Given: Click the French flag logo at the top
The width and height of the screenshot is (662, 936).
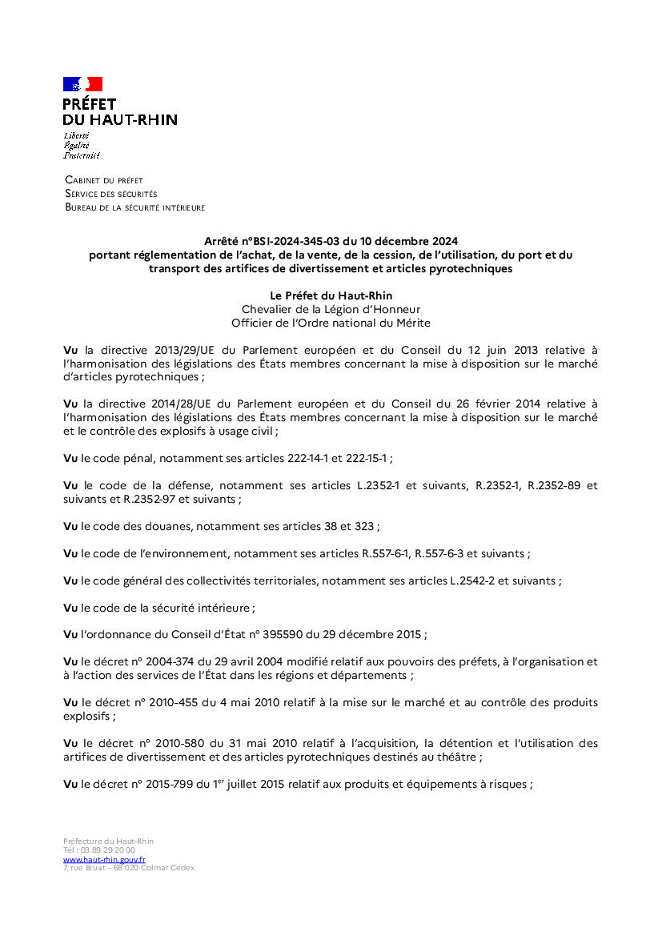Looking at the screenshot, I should click(82, 84).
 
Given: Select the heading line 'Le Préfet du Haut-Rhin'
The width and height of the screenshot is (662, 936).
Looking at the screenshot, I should click(331, 295).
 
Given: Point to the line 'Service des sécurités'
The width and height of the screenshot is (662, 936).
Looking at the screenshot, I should click(111, 194).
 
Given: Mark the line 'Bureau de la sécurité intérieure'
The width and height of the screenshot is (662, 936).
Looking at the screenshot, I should click(134, 207).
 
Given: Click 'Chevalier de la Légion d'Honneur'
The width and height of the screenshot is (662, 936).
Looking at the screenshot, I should click(331, 309).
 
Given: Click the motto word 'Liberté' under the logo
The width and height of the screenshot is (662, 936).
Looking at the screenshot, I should click(76, 136).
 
